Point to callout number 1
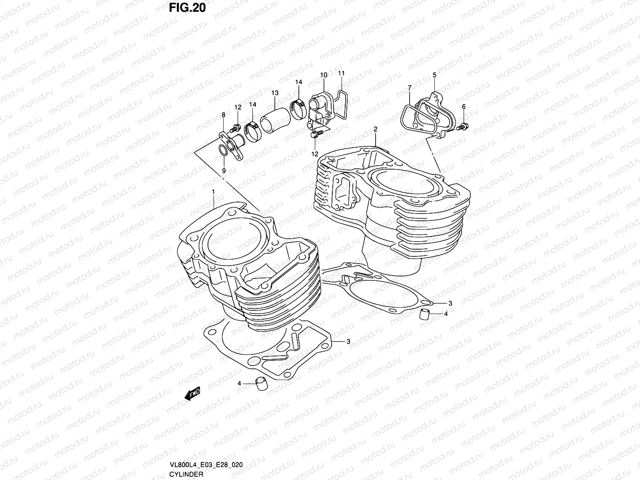point(214,192)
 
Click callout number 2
point(376,129)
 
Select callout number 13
point(274,93)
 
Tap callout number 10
point(324,75)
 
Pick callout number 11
point(341,74)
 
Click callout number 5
point(434,75)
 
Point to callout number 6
point(464,106)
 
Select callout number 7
point(409,88)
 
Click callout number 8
point(223,115)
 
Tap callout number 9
point(224,170)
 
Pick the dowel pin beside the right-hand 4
point(424,314)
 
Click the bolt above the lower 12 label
point(314,135)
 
